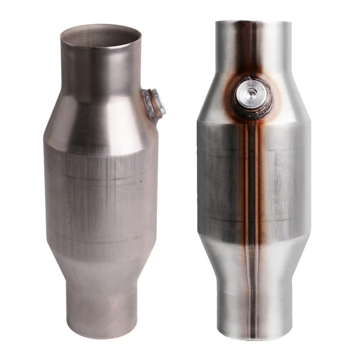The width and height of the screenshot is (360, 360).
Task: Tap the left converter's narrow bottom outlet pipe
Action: coord(101,301)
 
